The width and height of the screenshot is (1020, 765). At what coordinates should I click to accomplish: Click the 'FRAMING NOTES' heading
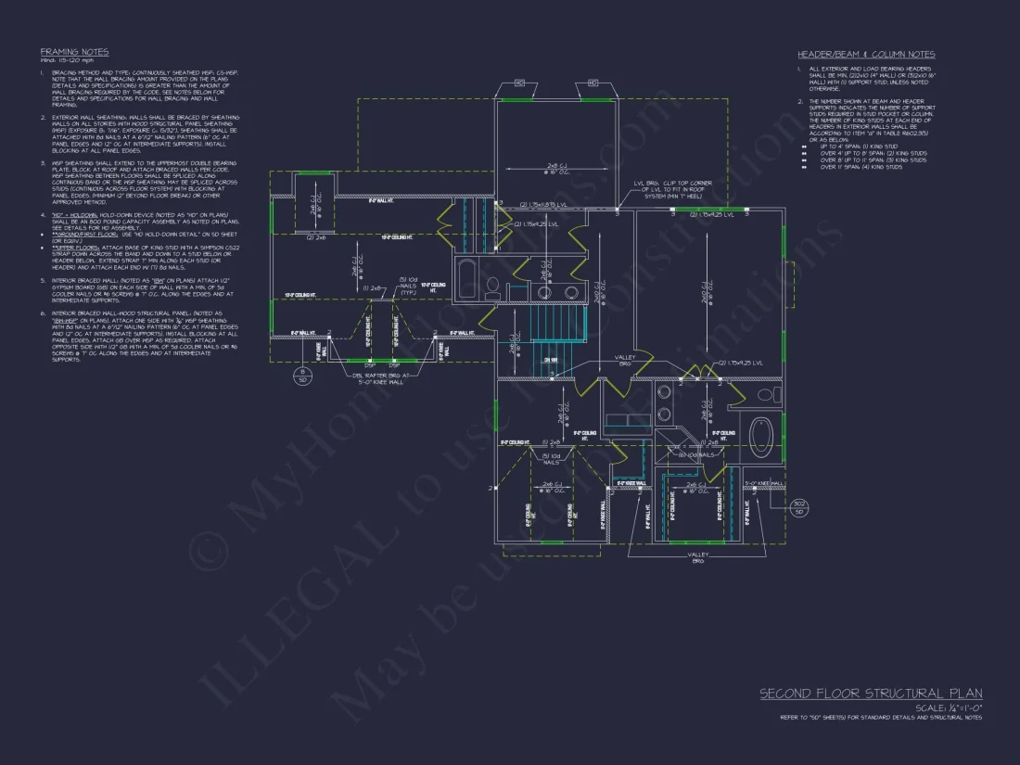pos(74,52)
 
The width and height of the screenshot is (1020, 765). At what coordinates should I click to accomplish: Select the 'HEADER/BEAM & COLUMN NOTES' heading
pos(866,55)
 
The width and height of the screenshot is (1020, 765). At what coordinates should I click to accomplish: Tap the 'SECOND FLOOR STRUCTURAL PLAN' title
pos(871,694)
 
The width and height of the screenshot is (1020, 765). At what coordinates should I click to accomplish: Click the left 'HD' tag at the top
pos(519,83)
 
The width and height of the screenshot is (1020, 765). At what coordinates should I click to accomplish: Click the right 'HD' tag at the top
pos(593,83)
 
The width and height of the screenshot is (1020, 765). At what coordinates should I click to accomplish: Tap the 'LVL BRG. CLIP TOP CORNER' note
pos(666,190)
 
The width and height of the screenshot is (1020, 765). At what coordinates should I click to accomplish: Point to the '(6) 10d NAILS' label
pos(694,454)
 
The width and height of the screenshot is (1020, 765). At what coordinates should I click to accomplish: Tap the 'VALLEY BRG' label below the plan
pos(697,558)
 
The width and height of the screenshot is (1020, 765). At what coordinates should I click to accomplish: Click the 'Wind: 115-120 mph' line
pos(60,61)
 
